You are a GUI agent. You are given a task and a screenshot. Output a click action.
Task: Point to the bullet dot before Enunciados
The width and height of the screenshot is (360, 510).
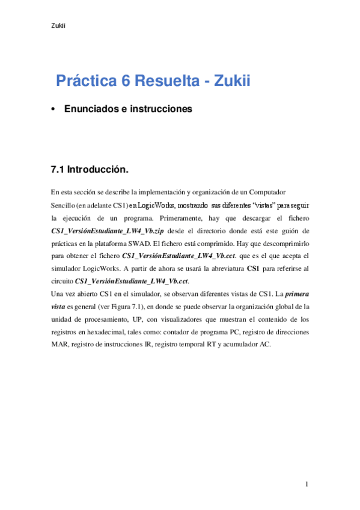click(54, 109)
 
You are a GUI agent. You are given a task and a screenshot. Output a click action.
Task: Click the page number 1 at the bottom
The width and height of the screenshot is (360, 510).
click(307, 484)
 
